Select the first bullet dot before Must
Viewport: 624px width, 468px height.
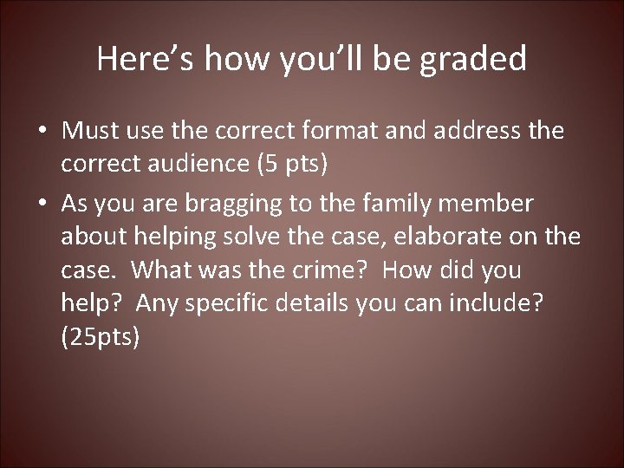(x=43, y=133)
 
